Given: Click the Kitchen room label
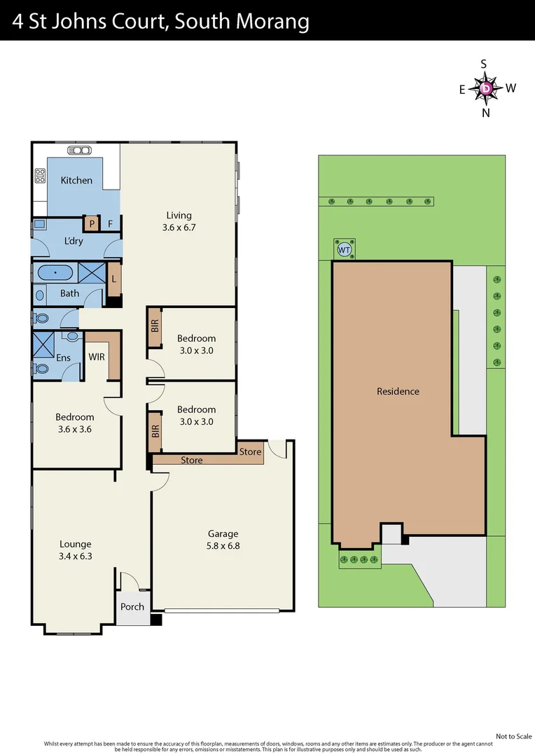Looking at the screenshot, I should pos(76,181).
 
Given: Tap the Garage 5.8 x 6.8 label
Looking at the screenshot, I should pos(223,539).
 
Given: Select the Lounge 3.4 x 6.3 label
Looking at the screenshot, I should pos(75,550).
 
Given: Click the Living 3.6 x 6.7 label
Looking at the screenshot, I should pos(179,221).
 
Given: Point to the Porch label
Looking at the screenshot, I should pos(132,607).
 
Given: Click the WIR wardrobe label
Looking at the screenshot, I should pos(96,357).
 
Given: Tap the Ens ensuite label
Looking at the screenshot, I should pos(64,358).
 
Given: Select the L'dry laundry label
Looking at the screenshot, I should pos(74,241).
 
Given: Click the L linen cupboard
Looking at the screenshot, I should pos(114,279).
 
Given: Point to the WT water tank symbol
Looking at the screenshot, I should pos(344,249).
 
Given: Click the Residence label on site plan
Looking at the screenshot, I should pos(398,392).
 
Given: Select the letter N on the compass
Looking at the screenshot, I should pos(486,113).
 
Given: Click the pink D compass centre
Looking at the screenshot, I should pos(486,89).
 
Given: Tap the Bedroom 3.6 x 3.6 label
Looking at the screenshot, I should pos(75,423).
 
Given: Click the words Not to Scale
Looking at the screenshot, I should pos(514,736).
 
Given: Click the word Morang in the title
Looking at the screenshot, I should pos(275,22).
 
